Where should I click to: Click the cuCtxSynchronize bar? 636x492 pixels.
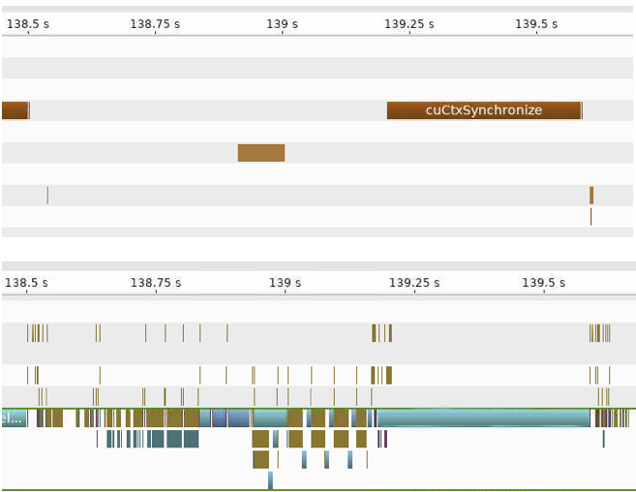coord(483,110)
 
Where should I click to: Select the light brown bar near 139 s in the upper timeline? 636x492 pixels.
coord(261,152)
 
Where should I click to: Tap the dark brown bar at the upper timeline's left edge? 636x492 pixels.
coord(15,110)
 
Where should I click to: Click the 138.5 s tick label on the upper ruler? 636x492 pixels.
coord(29,23)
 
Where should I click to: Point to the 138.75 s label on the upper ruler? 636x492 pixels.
coord(155,23)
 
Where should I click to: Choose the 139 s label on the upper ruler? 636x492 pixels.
coord(283,23)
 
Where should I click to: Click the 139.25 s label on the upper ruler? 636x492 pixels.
coord(409,23)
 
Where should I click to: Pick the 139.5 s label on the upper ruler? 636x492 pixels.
coord(536,23)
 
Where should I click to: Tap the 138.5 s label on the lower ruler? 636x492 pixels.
coord(27,283)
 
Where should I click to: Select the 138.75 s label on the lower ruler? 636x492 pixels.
coord(155,283)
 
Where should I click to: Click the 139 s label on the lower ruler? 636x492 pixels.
coord(285,283)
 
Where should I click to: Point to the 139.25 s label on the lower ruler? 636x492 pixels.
coord(414,283)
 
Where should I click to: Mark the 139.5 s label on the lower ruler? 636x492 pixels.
coord(543,283)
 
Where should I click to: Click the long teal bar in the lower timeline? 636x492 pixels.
coord(484,417)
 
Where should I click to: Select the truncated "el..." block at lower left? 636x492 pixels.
coord(13,418)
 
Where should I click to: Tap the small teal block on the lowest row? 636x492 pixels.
coord(271,479)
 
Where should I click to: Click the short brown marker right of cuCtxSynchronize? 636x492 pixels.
coord(591,195)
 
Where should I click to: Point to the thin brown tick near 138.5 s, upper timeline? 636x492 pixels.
coord(47,195)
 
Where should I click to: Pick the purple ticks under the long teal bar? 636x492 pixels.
coord(382,439)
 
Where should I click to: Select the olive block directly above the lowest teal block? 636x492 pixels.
coord(260,459)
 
